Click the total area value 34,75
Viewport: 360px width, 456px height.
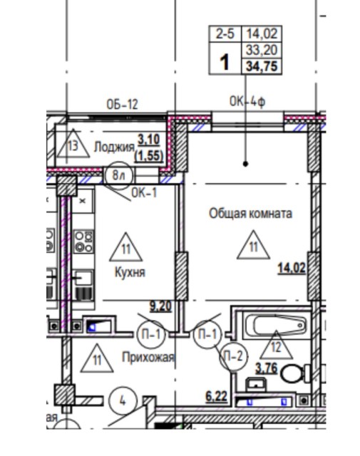click(261, 66)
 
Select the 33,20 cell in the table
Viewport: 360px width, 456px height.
click(261, 50)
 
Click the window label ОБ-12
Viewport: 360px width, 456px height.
click(122, 104)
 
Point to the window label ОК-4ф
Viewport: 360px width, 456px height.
click(247, 102)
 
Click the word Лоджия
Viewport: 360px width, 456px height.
click(114, 147)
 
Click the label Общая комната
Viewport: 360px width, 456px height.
click(250, 213)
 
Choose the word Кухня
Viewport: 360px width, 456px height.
click(130, 272)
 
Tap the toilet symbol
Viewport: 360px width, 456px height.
click(295, 373)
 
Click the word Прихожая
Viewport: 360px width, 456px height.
click(148, 357)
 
